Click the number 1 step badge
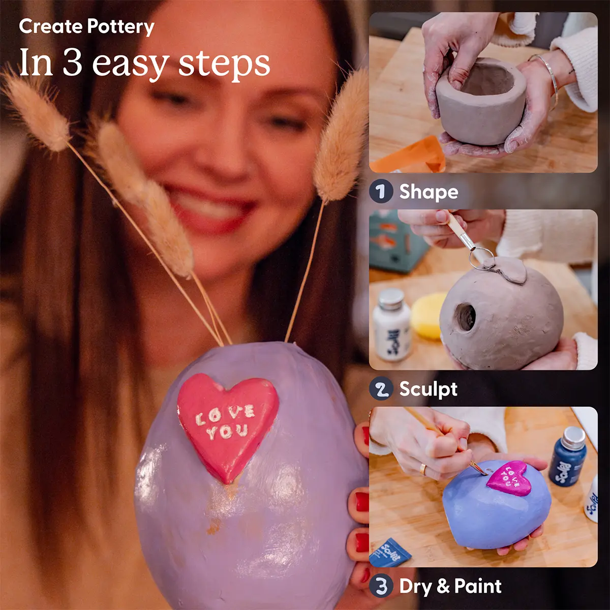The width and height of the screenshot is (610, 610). (381, 192)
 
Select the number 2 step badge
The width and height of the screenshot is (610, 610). (381, 389)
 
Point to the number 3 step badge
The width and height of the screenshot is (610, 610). (381, 586)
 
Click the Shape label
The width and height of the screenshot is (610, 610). (429, 192)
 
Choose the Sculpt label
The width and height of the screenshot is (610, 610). (428, 389)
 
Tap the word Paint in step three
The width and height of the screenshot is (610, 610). (478, 586)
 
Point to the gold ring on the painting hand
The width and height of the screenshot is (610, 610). (423, 469)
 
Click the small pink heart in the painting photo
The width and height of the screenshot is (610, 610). (510, 478)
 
